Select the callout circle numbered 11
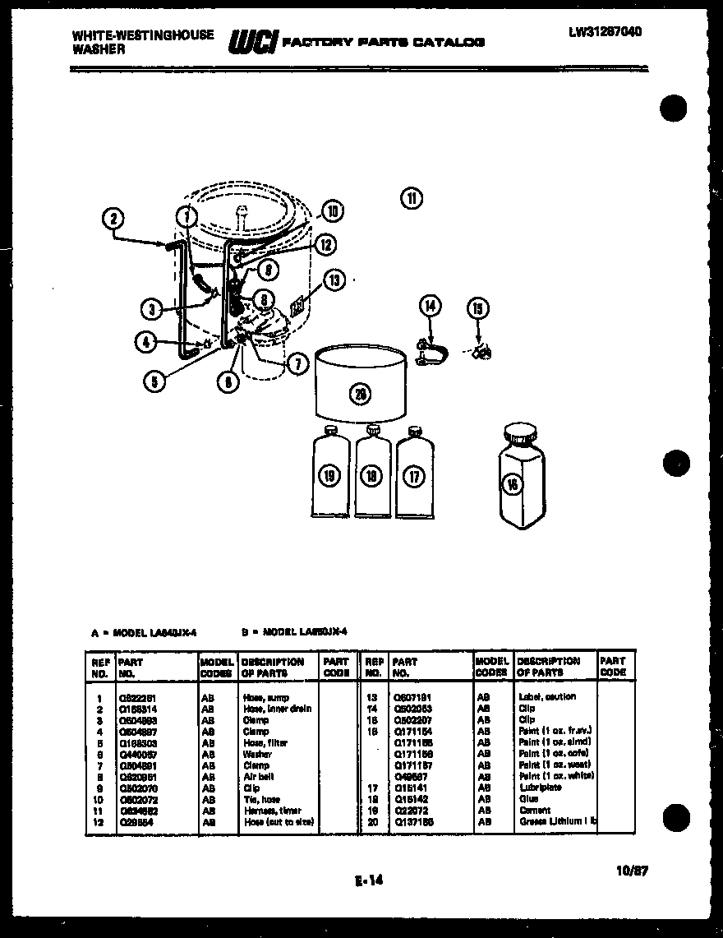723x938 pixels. pos(411,197)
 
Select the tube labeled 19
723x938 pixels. pos(329,475)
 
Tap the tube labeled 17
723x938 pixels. pos(414,475)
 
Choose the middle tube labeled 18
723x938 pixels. pos(372,475)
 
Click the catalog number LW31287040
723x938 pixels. pos(604,32)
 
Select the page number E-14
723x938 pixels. pos(369,881)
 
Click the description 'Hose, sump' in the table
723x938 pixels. pos(266,697)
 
